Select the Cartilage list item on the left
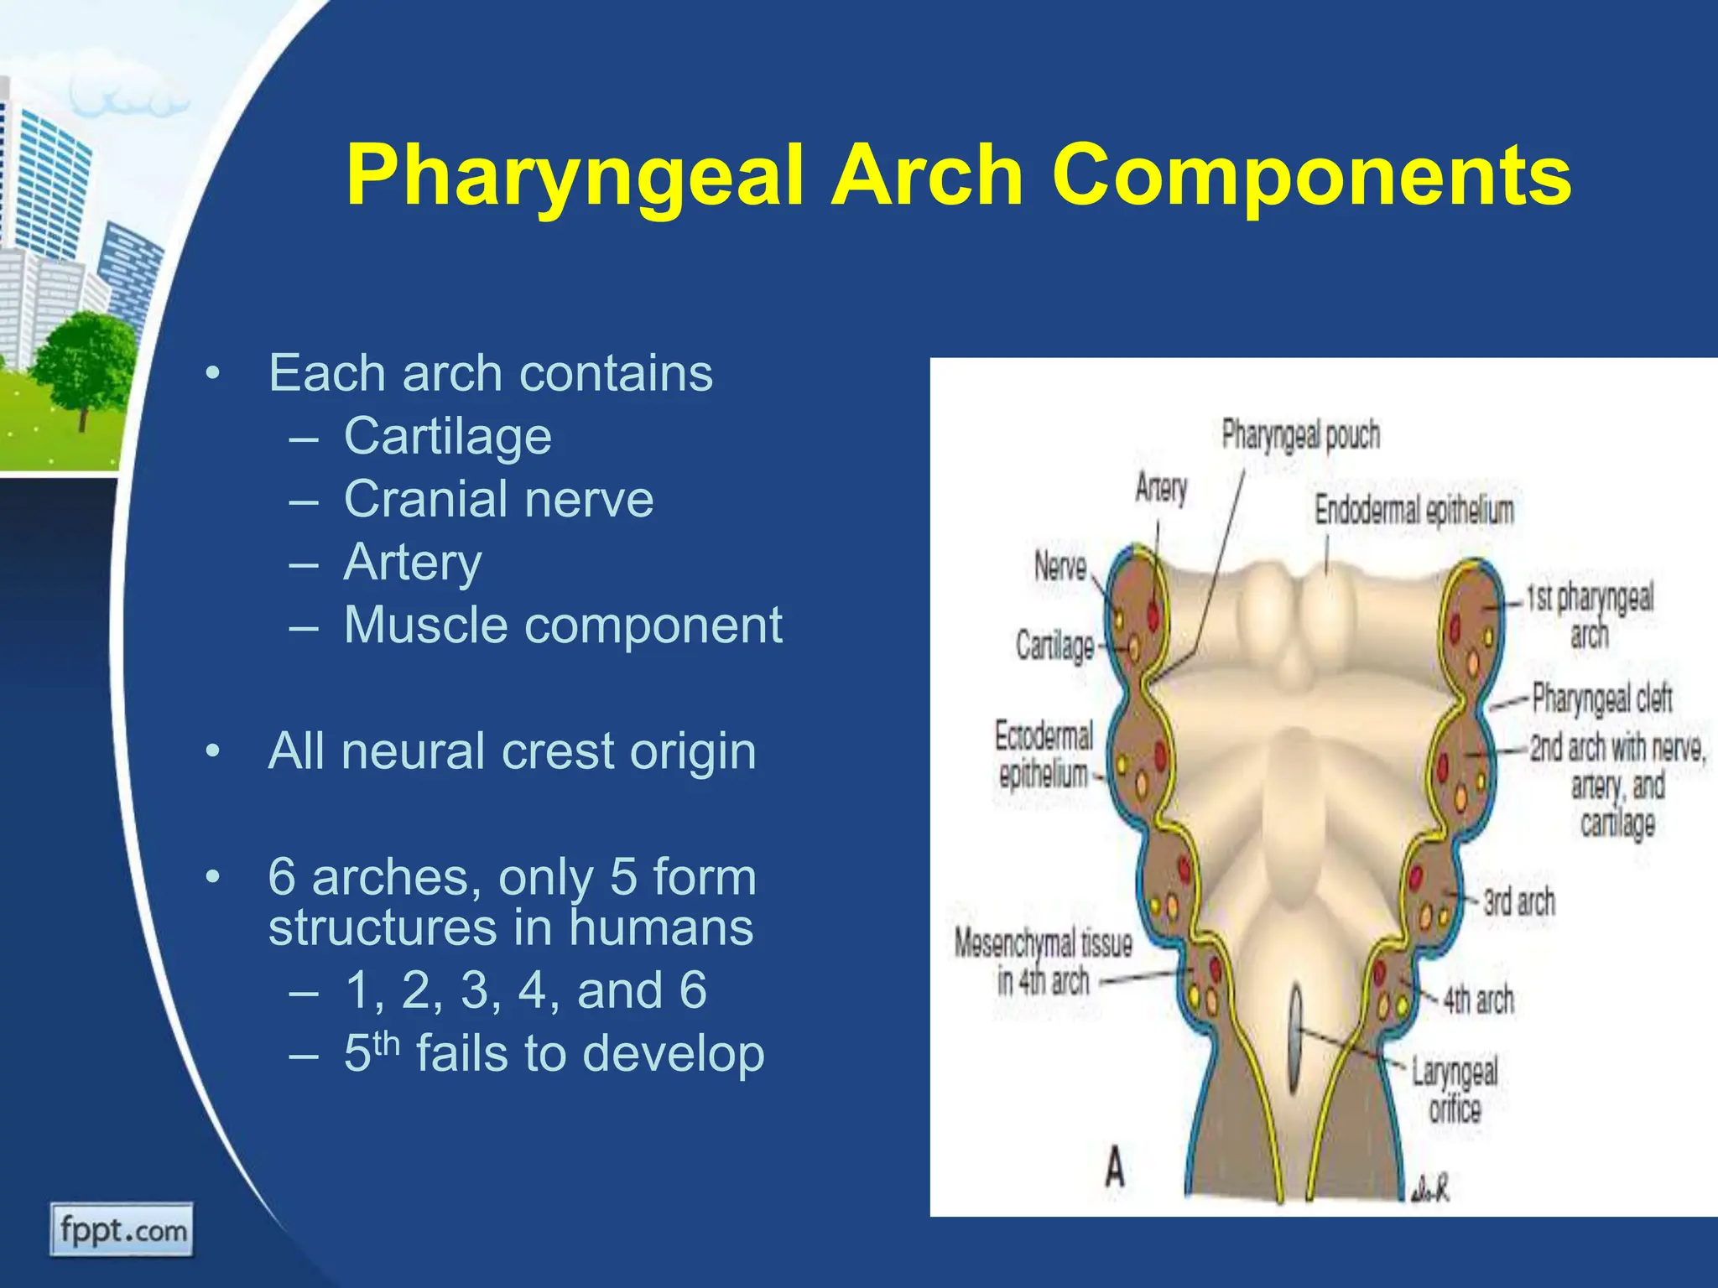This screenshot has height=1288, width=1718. point(447,436)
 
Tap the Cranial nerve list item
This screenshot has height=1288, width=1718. point(498,499)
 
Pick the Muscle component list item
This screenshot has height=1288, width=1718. point(562,626)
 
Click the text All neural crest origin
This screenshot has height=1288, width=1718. point(512,750)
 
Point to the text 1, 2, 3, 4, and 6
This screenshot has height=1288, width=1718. point(525,989)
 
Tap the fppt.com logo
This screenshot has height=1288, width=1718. point(122,1230)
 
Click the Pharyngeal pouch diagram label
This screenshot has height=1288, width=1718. point(1299,435)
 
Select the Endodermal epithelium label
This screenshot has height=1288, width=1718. point(1413,510)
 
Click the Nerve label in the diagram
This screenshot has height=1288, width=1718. point(1060,567)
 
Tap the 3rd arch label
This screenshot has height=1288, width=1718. point(1518,902)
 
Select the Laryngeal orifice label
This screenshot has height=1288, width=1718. point(1454,1090)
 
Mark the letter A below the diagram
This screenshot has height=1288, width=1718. point(1114,1167)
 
